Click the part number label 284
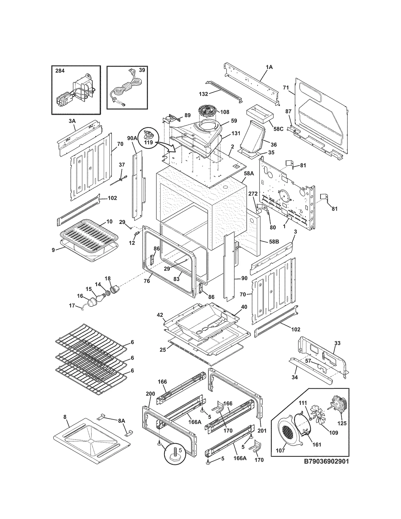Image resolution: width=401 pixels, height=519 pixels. (x=60, y=71)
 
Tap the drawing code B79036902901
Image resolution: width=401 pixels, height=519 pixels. (x=326, y=461)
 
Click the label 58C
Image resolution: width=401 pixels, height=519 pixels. (x=278, y=129)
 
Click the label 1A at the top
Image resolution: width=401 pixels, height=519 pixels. (x=269, y=67)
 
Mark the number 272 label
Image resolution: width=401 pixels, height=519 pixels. (x=253, y=194)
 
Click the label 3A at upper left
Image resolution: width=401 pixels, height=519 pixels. (x=72, y=121)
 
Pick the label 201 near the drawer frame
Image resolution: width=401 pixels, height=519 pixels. (x=262, y=431)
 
